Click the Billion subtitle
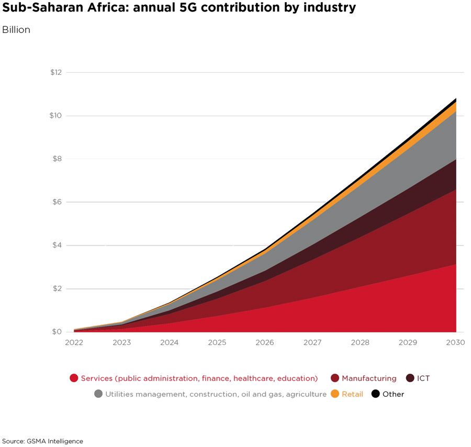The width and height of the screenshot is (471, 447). pos(16,30)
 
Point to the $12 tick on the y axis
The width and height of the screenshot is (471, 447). pos(55,72)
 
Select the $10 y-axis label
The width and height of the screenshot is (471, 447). pos(55,116)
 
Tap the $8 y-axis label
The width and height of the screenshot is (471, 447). pos(57,159)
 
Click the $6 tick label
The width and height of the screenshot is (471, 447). pos(57,202)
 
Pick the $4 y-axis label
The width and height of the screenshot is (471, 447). pos(57,245)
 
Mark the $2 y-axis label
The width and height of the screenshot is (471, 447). pos(57,289)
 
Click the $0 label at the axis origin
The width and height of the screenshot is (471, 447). pos(57,332)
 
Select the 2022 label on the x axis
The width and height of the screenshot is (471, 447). pos(74,343)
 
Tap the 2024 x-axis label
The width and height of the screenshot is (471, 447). pos(170,343)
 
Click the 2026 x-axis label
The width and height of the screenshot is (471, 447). pos(265,343)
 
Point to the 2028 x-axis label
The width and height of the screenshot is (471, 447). pos(360,343)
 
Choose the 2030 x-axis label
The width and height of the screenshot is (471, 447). pos(455,343)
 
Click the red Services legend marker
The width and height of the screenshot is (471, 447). pos(74,378)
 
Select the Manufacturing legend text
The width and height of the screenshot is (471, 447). pos(369,378)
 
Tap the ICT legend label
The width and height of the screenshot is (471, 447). pos(423,378)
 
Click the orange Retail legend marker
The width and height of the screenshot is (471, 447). pos(335,394)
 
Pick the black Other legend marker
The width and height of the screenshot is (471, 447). pos(375,394)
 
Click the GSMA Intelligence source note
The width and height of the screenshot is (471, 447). pos(42,441)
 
